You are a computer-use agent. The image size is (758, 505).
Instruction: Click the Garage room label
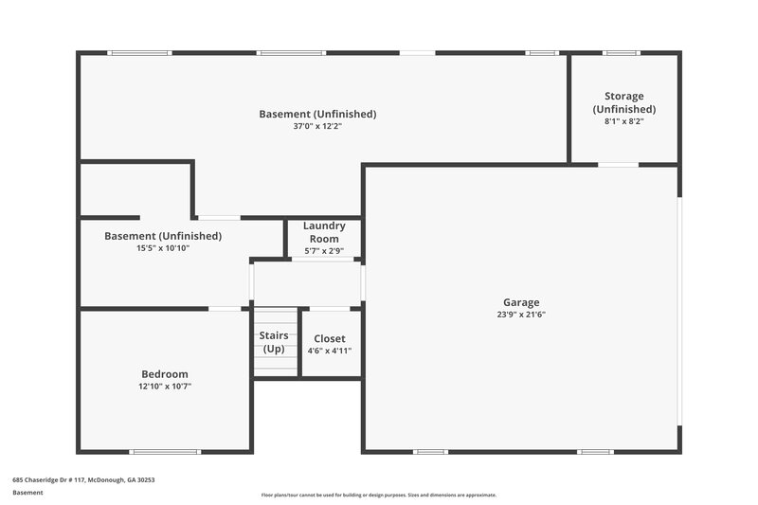pyautogui.click(x=521, y=302)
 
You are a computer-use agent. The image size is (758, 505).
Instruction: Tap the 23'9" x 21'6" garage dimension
pyautogui.click(x=521, y=315)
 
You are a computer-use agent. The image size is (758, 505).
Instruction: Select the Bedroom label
pyautogui.click(x=165, y=373)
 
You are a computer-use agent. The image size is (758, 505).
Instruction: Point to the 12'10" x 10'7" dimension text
pyautogui.click(x=165, y=386)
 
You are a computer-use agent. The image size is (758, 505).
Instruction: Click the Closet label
pyautogui.click(x=330, y=338)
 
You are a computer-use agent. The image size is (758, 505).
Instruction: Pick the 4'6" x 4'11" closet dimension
pyautogui.click(x=330, y=351)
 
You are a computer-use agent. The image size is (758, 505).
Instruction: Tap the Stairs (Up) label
pyautogui.click(x=274, y=342)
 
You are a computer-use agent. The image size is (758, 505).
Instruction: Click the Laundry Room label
pyautogui.click(x=324, y=232)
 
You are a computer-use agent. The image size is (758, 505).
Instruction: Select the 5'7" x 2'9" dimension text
pyautogui.click(x=324, y=251)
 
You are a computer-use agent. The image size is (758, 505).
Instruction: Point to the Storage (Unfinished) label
pyautogui.click(x=624, y=102)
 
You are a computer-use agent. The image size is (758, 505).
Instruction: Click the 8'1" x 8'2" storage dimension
pyautogui.click(x=624, y=121)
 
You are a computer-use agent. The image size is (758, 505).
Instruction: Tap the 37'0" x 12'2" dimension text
pyautogui.click(x=317, y=126)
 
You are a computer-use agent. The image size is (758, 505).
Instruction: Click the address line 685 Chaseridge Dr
pyautogui.click(x=83, y=480)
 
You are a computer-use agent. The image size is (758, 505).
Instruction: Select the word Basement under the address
pyautogui.click(x=29, y=493)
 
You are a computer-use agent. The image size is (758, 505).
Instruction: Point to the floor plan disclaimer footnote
pyautogui.click(x=379, y=495)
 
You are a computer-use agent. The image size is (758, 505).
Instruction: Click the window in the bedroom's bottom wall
pyautogui.click(x=165, y=451)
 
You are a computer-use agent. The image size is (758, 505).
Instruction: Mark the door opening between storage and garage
pyautogui.click(x=618, y=166)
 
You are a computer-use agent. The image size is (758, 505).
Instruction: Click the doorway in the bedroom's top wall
pyautogui.click(x=225, y=308)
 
